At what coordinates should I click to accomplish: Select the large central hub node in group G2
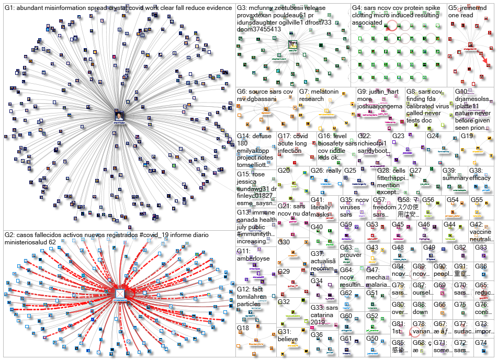[120, 294]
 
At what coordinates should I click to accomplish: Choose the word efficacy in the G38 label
[480, 178]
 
